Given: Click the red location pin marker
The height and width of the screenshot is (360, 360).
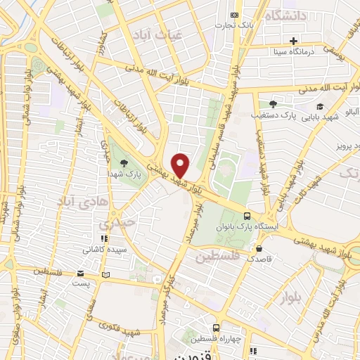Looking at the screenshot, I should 181,165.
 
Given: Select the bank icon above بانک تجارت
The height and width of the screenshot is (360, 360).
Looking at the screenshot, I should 235,15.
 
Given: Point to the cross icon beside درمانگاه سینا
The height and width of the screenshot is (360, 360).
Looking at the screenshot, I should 294,40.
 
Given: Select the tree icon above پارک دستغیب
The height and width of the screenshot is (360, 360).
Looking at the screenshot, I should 273,103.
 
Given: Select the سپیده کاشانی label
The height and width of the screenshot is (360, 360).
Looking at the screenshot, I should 105,249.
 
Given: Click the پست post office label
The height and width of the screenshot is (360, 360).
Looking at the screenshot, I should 82,283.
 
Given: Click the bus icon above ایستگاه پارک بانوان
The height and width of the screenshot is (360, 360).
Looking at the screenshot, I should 246,216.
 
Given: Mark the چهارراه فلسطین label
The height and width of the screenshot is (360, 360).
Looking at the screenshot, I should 219,340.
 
